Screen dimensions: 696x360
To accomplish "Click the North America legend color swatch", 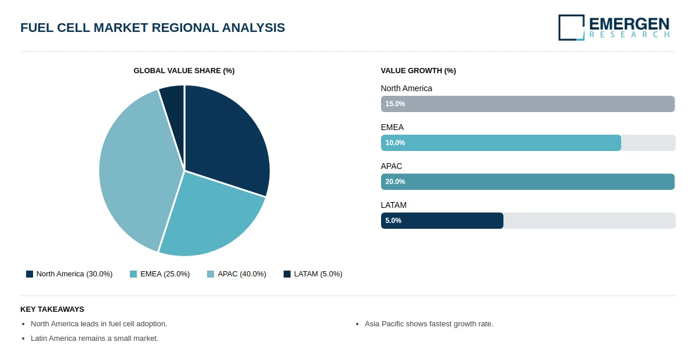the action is [x=30, y=274].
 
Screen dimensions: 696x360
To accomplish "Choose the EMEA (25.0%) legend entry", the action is [x=159, y=274].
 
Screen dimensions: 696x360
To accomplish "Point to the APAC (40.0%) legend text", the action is [x=242, y=274].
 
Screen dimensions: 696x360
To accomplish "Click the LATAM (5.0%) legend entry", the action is [x=313, y=274].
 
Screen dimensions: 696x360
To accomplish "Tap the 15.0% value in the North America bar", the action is [x=395, y=104].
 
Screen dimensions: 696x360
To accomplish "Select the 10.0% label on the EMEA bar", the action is [x=395, y=143].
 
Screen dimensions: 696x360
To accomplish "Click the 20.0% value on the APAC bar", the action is [x=395, y=182].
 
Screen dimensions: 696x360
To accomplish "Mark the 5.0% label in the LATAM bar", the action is [x=393, y=221].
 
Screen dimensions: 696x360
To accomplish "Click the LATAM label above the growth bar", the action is [x=394, y=206].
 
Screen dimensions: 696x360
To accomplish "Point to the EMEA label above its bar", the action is [x=392, y=128].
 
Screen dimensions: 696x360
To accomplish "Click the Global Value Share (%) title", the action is [x=184, y=71].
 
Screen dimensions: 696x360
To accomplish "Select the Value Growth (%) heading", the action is [x=418, y=71].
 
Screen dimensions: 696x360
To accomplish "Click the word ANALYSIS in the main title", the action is [x=253, y=28].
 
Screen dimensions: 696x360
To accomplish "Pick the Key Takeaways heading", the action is [x=52, y=309].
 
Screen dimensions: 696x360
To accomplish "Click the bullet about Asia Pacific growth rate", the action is [x=429, y=324].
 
